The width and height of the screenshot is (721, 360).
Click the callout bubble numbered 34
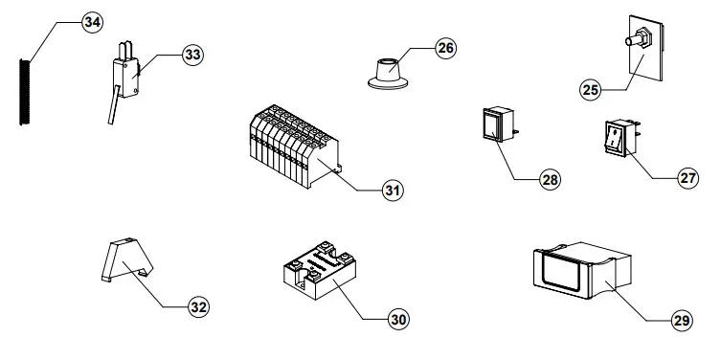[x=92, y=23]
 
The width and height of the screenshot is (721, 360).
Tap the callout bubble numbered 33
[x=193, y=56]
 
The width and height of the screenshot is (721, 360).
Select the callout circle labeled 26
[x=446, y=49]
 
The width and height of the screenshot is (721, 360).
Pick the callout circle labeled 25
[x=590, y=89]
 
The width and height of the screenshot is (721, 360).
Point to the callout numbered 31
[x=393, y=191]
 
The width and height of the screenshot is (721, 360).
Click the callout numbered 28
[x=550, y=179]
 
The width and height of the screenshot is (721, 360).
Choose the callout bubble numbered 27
[x=688, y=178]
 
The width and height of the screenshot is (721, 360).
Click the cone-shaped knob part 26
[x=387, y=73]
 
